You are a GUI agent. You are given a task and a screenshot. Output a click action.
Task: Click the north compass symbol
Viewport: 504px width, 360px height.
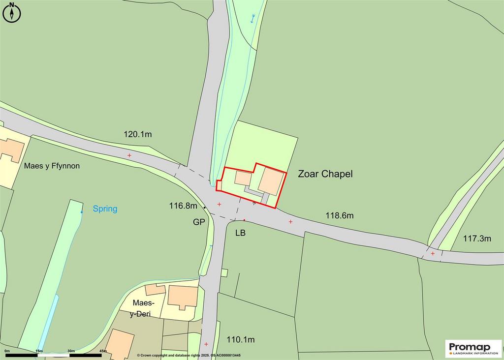[x=12, y=12]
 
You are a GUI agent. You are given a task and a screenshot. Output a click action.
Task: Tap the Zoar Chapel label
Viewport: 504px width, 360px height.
[x=325, y=174]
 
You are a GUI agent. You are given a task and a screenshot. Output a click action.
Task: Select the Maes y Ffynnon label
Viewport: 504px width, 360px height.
[x=52, y=166]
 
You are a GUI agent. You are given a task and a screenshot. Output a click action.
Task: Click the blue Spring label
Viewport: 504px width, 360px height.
[x=105, y=209]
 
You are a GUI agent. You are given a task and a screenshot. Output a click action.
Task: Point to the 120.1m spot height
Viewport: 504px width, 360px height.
[x=137, y=134]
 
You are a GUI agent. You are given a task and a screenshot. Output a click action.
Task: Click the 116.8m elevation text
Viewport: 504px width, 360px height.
[x=183, y=206]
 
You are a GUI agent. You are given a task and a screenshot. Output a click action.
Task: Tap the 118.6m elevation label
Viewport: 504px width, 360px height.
[x=340, y=215]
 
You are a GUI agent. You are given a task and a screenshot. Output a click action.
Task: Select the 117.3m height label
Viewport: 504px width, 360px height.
[x=477, y=239]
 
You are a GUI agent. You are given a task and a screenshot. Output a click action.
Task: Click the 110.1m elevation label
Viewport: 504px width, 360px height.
[x=240, y=339]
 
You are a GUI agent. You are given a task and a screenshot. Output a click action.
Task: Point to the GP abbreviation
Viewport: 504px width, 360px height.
[x=199, y=222]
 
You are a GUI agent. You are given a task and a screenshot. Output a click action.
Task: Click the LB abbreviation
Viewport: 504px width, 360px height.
[x=240, y=232]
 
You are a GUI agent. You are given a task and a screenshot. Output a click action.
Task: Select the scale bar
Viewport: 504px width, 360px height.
[x=54, y=354]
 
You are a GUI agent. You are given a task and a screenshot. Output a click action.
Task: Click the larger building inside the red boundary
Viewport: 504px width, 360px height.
[x=271, y=181]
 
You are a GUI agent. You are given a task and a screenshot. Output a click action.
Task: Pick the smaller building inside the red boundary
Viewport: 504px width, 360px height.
[x=242, y=178]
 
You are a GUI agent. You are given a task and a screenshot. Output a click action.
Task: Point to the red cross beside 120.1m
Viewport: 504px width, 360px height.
[x=129, y=155]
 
